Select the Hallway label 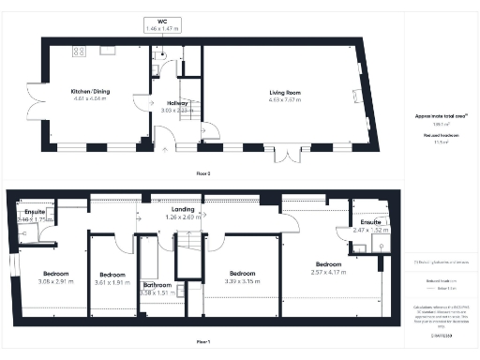[x=177, y=102]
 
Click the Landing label [x=184, y=209]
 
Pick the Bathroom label [x=157, y=284]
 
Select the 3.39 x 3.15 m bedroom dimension [x=242, y=279]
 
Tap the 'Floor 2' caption [x=203, y=174]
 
